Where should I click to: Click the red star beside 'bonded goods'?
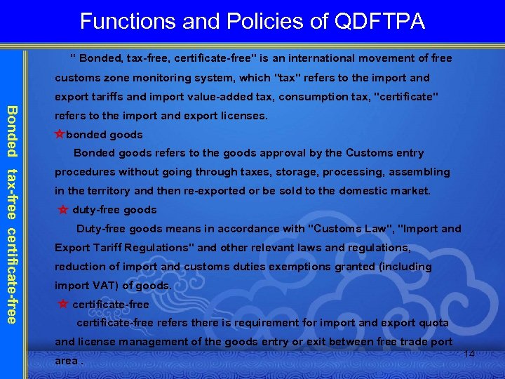(60, 134)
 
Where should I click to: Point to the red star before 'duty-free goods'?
(63, 210)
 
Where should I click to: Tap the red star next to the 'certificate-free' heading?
(63, 304)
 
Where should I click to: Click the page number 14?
(469, 354)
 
